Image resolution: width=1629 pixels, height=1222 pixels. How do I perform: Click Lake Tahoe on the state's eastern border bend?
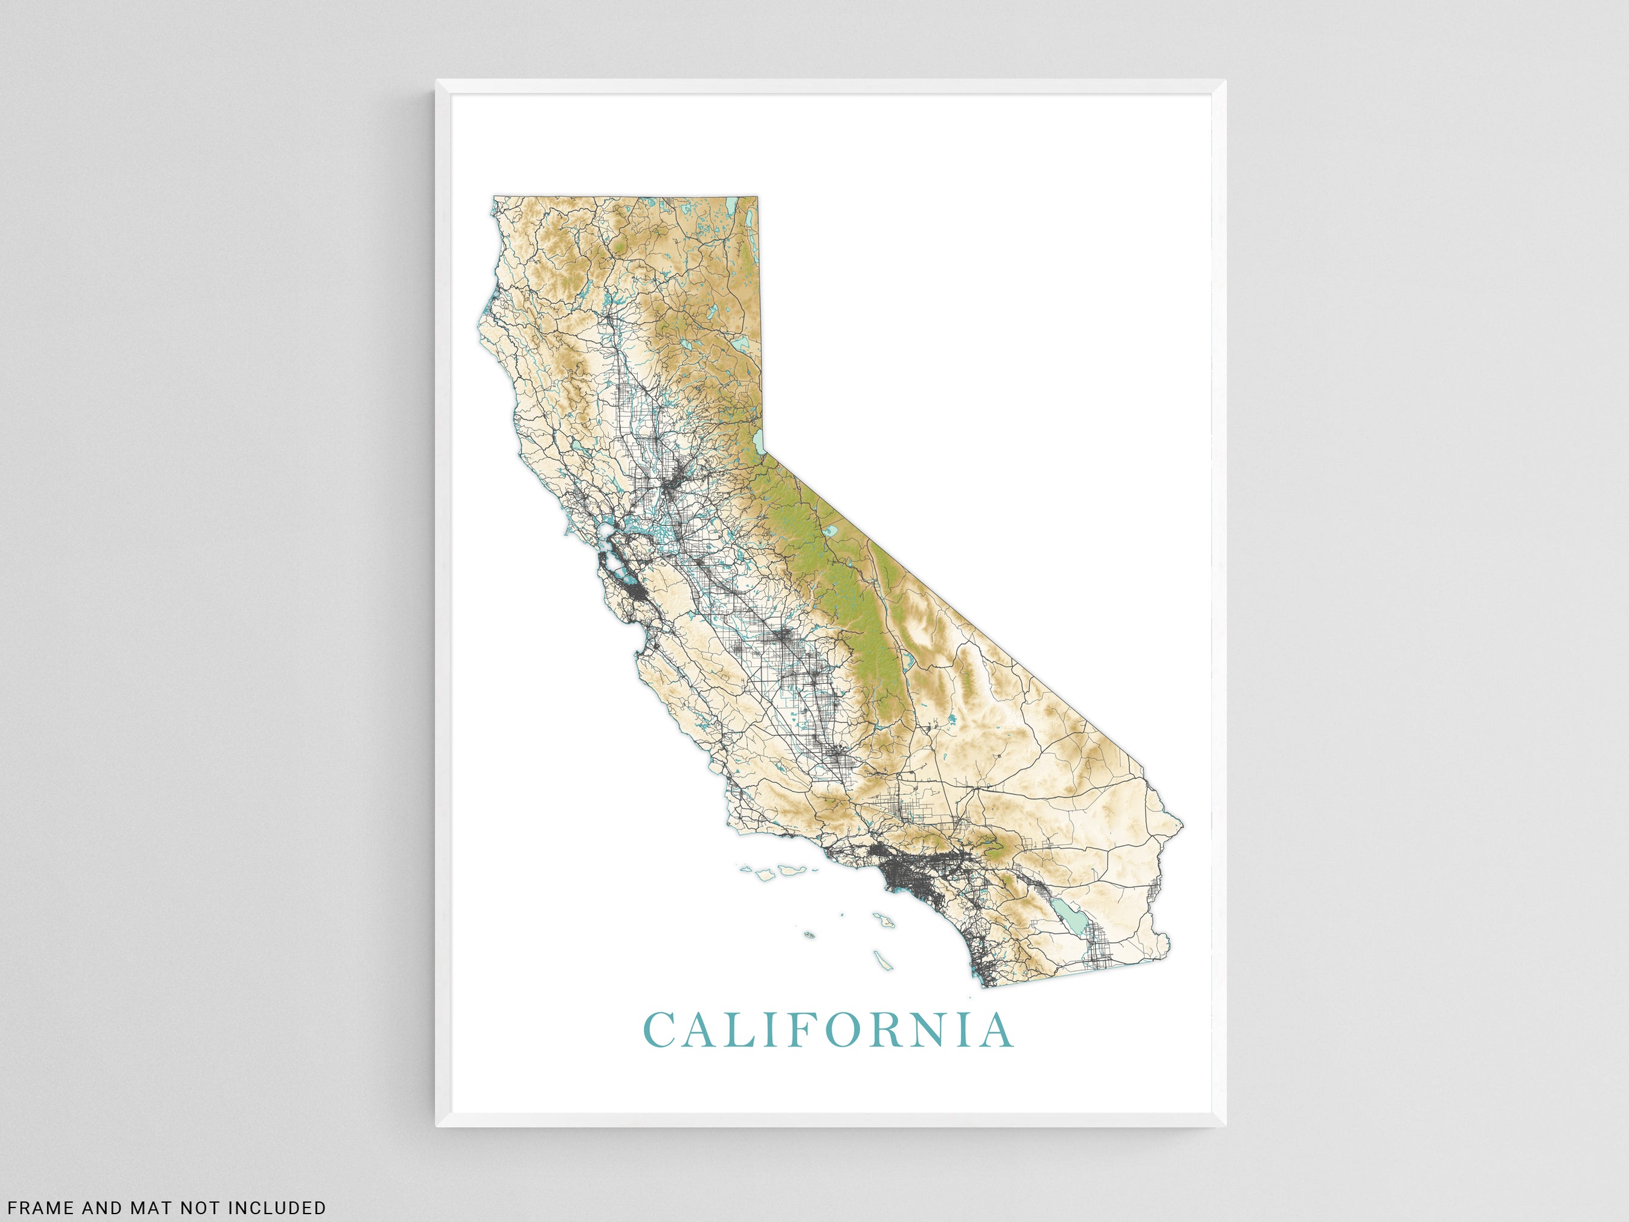759,442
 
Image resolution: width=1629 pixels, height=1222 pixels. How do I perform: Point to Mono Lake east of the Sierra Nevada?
831,530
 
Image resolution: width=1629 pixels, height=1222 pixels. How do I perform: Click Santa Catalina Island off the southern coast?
882,919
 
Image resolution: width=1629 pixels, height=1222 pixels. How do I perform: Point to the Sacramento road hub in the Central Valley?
672,486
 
